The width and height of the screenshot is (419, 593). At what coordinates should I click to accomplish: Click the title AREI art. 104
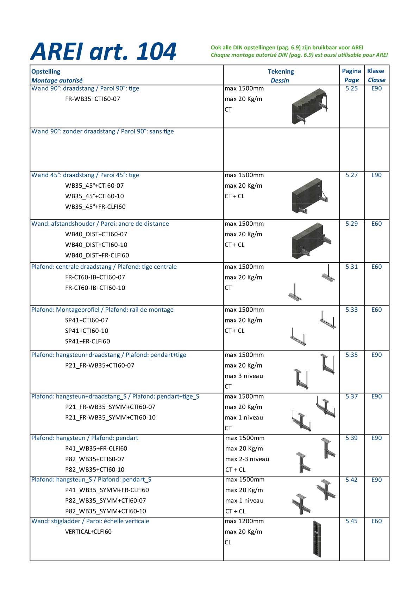104,52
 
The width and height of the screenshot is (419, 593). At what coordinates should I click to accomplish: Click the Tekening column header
281,71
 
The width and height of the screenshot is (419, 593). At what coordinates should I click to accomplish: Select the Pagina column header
351,71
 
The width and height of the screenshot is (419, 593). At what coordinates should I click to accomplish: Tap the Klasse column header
376,71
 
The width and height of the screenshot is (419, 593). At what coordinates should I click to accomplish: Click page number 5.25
351,88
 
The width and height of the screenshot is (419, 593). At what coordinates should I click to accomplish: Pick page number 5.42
351,480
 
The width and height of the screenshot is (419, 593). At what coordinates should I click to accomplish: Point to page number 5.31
351,267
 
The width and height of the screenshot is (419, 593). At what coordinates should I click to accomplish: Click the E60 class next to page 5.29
376,224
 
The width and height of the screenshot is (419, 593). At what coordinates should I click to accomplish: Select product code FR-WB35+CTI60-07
93,99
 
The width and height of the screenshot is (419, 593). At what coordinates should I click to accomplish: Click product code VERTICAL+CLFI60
88,532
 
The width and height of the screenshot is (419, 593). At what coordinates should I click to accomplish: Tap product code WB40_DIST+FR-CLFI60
97,255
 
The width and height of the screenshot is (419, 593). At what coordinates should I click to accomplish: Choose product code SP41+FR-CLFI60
88,341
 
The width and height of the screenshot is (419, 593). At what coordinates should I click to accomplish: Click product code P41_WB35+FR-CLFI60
96,449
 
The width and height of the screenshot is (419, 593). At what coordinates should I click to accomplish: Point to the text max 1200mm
244,521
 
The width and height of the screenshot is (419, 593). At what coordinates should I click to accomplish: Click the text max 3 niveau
244,376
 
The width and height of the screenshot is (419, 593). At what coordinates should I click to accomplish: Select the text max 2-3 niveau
247,459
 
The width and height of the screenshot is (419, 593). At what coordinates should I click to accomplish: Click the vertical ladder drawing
317,539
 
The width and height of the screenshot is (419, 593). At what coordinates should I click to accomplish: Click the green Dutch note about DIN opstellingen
287,48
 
